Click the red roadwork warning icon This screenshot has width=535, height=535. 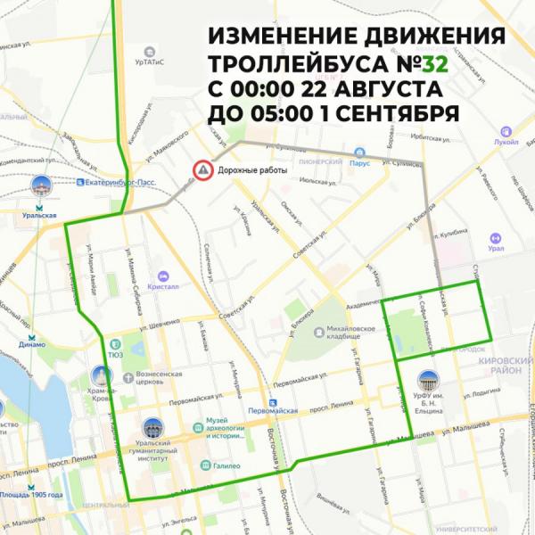tap(204, 169)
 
